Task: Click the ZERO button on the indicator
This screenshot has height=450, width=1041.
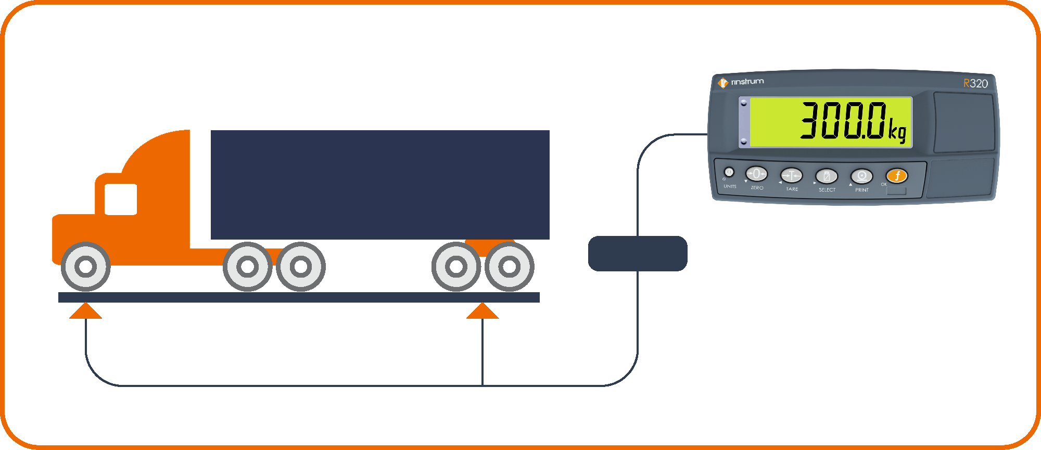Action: point(756,173)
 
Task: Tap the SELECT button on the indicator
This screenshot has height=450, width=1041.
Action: point(827,176)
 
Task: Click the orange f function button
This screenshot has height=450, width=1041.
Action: point(897,176)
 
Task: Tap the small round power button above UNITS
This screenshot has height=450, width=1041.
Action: point(729,172)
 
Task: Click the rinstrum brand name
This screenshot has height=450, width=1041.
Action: point(747,82)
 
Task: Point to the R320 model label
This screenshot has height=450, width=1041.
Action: point(975,83)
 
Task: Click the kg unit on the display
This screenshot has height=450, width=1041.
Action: point(897,131)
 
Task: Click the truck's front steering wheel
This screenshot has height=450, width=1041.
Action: point(86,267)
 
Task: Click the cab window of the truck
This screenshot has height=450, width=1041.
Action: point(121,199)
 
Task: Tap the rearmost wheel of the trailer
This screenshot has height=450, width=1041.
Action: point(510,267)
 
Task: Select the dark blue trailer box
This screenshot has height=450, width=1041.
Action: point(380,185)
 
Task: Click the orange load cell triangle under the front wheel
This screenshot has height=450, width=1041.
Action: point(86,311)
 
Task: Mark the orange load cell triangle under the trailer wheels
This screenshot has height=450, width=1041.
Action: point(483,311)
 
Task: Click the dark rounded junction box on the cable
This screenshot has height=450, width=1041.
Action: point(638,254)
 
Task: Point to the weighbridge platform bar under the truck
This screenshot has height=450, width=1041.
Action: point(299,297)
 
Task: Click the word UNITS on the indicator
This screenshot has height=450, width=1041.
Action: point(730,186)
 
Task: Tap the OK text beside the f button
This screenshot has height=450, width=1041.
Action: point(884,184)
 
